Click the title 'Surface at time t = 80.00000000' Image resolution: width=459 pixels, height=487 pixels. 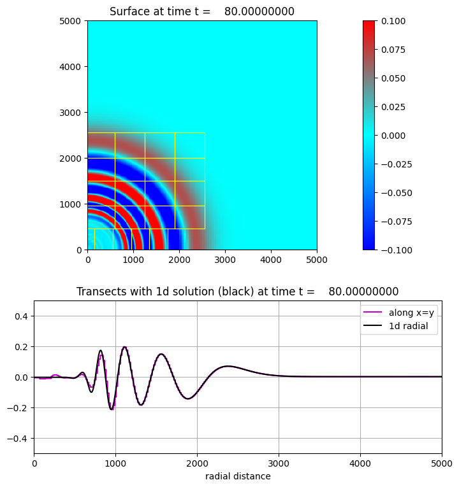[202, 11]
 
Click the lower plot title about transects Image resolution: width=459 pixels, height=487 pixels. [237, 292]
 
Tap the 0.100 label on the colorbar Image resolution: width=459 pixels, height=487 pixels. [394, 21]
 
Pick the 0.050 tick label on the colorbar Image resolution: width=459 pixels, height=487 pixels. [394, 78]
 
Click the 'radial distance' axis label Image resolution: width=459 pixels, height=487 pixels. [238, 476]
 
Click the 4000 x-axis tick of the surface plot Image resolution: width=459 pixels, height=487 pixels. [271, 260]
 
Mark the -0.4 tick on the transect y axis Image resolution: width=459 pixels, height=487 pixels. [19, 439]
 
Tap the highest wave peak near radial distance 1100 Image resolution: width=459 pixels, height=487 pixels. [124, 347]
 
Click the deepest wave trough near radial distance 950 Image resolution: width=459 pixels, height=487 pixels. [112, 409]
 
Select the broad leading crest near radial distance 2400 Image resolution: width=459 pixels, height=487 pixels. [228, 366]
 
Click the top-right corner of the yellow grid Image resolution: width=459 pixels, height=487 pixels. [205, 133]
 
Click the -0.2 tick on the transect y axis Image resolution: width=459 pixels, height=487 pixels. [19, 408]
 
